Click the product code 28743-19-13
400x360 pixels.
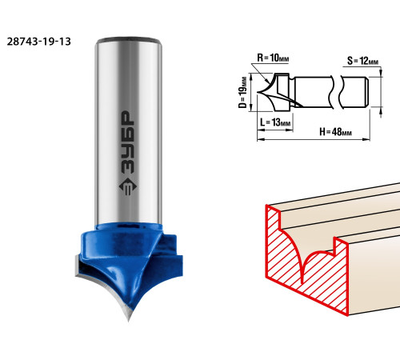tap(39, 42)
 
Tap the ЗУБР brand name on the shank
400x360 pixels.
tap(127, 142)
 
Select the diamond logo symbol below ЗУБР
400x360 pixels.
tap(127, 186)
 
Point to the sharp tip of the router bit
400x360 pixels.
tap(129, 321)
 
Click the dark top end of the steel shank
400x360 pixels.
tap(129, 40)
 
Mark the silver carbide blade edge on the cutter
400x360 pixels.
tap(102, 288)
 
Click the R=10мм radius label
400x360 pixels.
tap(273, 58)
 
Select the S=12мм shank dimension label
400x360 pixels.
tap(362, 61)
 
